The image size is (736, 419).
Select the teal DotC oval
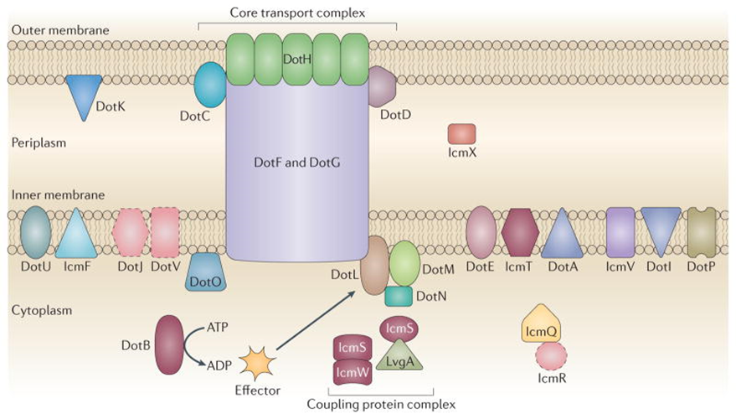point(210,87)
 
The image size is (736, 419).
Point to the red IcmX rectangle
point(461,133)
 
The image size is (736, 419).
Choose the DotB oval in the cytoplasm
point(169,342)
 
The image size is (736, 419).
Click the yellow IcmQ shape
point(540,323)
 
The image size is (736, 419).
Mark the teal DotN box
point(399,295)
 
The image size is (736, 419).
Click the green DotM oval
point(404,263)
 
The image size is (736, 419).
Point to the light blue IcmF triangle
point(76,233)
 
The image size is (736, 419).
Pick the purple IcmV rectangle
point(620,232)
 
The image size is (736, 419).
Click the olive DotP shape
point(700,232)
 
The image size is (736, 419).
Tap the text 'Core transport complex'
point(297,12)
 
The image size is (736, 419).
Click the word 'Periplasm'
point(39,142)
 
